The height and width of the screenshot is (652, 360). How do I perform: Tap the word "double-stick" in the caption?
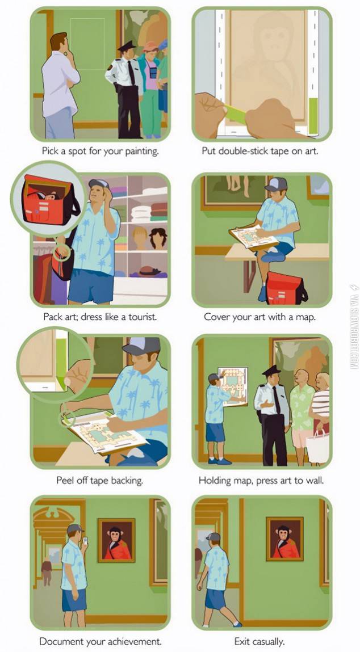(x=244, y=152)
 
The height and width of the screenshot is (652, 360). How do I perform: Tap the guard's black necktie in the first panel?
(x=132, y=73)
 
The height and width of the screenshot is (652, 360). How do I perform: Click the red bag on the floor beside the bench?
(x=285, y=288)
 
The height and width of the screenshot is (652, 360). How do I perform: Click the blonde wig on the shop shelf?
(x=140, y=237)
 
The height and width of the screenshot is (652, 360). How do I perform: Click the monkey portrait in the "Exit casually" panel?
(x=284, y=539)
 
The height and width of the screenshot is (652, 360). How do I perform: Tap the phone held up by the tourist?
(x=85, y=541)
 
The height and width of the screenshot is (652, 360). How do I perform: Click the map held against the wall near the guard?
(x=233, y=386)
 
